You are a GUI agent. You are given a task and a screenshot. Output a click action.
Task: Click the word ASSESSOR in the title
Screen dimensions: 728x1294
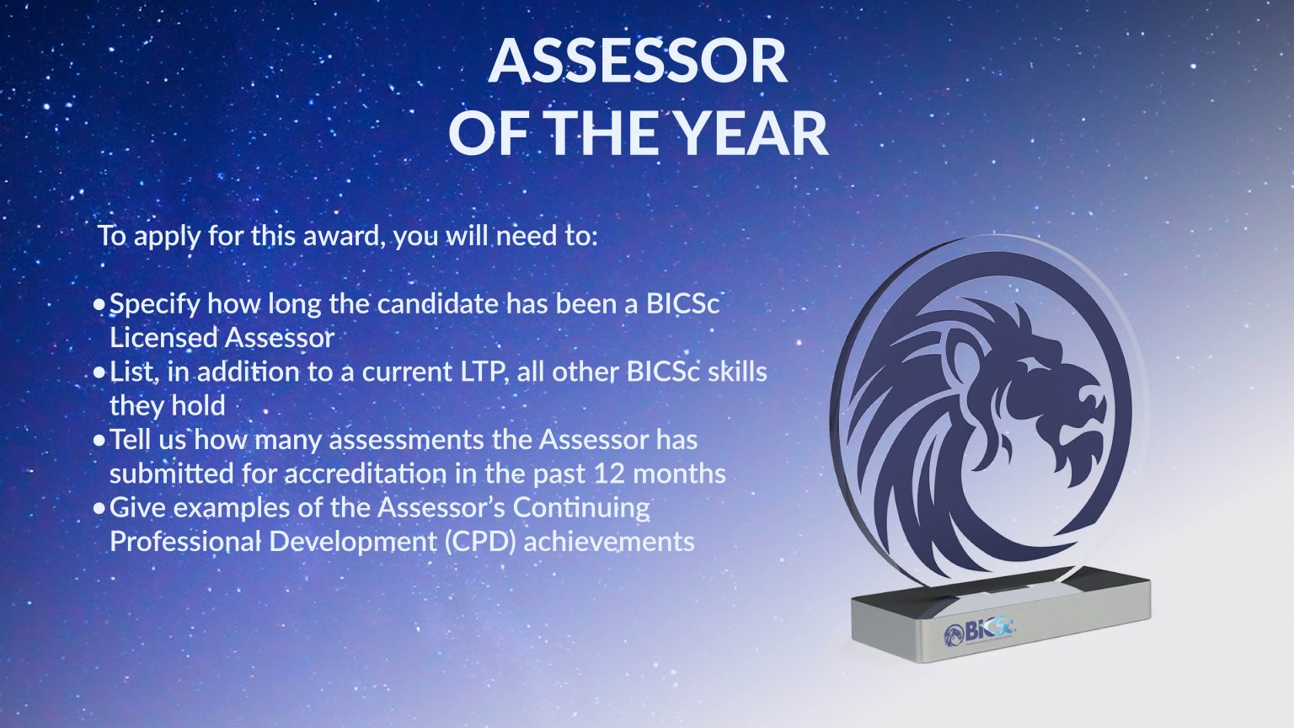[x=638, y=61]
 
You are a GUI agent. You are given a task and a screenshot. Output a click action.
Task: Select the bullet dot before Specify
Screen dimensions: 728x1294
[x=100, y=303]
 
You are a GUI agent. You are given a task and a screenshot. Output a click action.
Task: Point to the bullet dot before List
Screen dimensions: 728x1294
[x=100, y=372]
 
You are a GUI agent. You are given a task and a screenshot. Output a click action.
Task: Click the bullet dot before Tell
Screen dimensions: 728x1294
[x=100, y=440]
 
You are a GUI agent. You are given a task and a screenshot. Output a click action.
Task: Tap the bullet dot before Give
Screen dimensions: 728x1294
[x=100, y=508]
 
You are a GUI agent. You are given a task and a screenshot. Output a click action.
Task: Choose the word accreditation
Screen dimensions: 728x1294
[x=365, y=474]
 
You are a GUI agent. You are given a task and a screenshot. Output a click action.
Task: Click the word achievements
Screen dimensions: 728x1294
[x=609, y=541]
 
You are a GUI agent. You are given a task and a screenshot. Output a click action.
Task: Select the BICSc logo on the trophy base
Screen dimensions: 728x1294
[x=980, y=630]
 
